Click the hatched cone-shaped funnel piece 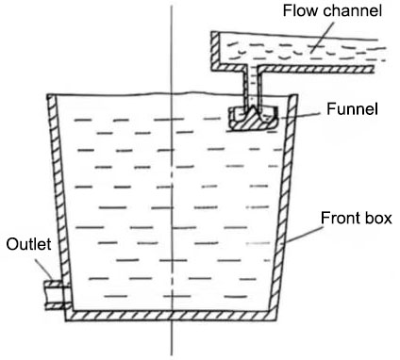coord(252,117)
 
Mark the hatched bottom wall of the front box coord(170,315)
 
